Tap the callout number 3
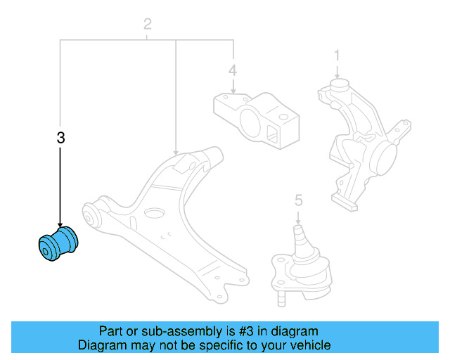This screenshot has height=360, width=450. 60,139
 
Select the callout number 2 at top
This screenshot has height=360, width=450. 147,25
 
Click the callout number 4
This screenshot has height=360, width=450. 232,70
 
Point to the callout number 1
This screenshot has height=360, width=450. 337,55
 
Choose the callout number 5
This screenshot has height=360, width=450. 298,201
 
